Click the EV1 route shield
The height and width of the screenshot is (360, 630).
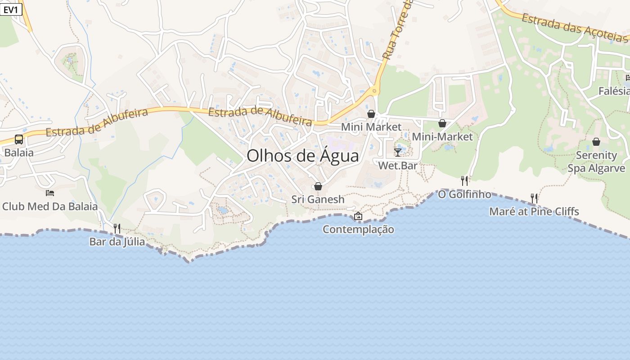coord(11,9)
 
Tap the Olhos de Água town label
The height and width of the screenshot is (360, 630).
coord(303,156)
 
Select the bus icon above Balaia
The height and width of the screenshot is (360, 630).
coord(19,139)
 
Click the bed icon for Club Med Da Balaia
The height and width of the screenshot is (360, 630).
coord(50,193)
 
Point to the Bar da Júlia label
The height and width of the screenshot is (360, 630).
coord(117,242)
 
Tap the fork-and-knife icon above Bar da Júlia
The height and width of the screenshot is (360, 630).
coord(117,229)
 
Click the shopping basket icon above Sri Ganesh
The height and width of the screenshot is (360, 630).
coord(318,186)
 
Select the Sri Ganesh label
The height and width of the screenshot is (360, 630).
coord(318,199)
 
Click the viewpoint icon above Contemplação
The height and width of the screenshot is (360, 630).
coord(358,216)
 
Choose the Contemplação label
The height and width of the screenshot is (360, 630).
coord(358,229)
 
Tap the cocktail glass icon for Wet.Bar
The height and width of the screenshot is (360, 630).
coord(398,152)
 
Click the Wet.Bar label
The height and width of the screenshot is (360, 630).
coord(398,166)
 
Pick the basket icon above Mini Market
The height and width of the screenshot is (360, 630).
coord(371,114)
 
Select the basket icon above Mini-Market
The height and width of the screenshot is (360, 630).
coord(442,123)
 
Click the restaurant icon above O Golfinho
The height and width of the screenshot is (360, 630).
coord(464,181)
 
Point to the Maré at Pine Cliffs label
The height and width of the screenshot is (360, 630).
coord(534,211)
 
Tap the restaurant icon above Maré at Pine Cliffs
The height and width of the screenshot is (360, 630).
coord(534,198)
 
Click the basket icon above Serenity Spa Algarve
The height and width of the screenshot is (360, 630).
coord(596,142)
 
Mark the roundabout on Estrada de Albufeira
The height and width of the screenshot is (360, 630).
coord(374,91)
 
